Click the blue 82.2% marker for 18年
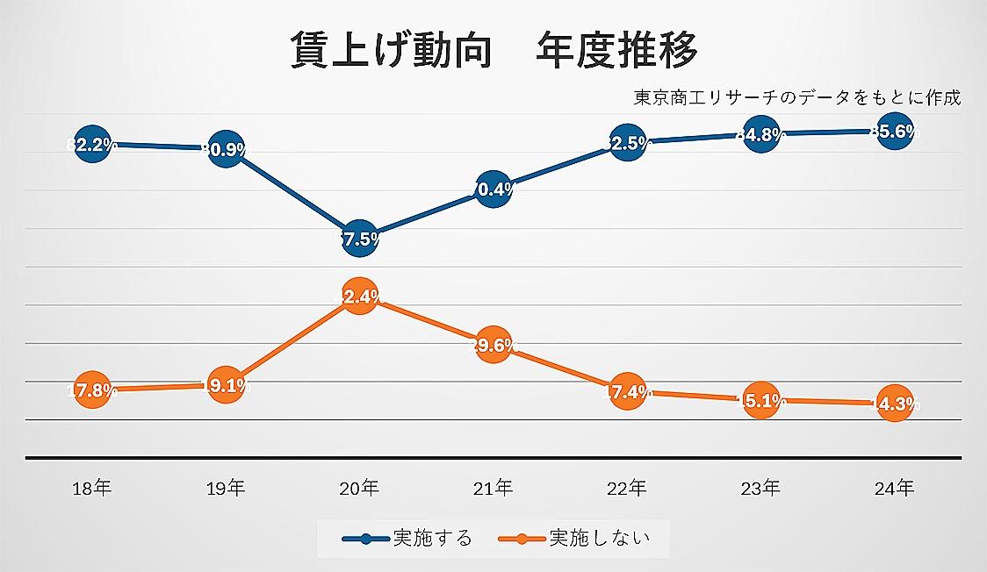(92, 145)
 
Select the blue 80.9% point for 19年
(226, 148)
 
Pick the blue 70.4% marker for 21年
(493, 188)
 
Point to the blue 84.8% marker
(760, 134)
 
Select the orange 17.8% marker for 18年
(92, 390)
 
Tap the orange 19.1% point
(226, 385)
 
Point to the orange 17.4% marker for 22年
(627, 392)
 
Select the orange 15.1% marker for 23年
(760, 400)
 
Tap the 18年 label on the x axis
(92, 489)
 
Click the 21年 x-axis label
(493, 489)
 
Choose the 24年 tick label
(894, 489)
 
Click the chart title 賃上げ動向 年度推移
(493, 51)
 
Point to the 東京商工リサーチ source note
(796, 97)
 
